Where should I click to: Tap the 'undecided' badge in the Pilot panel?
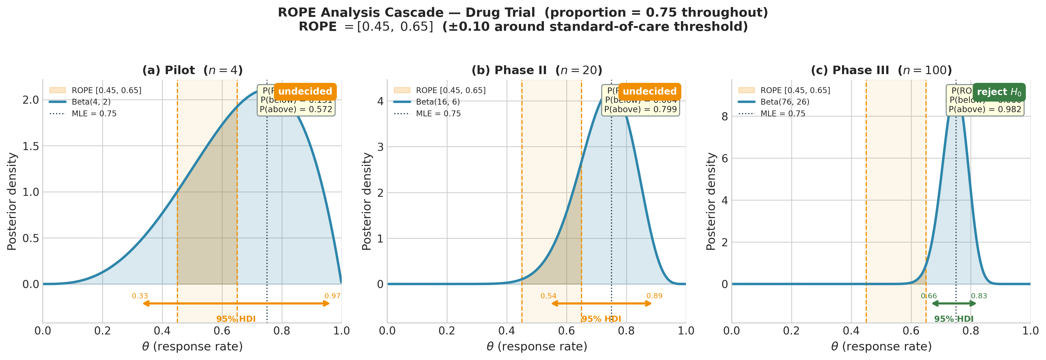[305, 91]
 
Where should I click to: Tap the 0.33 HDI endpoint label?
[140, 296]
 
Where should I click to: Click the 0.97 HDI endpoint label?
[332, 296]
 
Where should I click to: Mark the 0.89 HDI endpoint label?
[654, 296]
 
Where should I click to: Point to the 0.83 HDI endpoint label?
[979, 296]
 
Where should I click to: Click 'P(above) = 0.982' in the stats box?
[985, 109]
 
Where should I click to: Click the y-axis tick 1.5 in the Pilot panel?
[31, 146]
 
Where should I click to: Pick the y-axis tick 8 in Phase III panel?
[725, 117]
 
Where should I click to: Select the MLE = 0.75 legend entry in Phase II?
[438, 114]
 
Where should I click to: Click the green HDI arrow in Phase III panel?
[954, 303]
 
